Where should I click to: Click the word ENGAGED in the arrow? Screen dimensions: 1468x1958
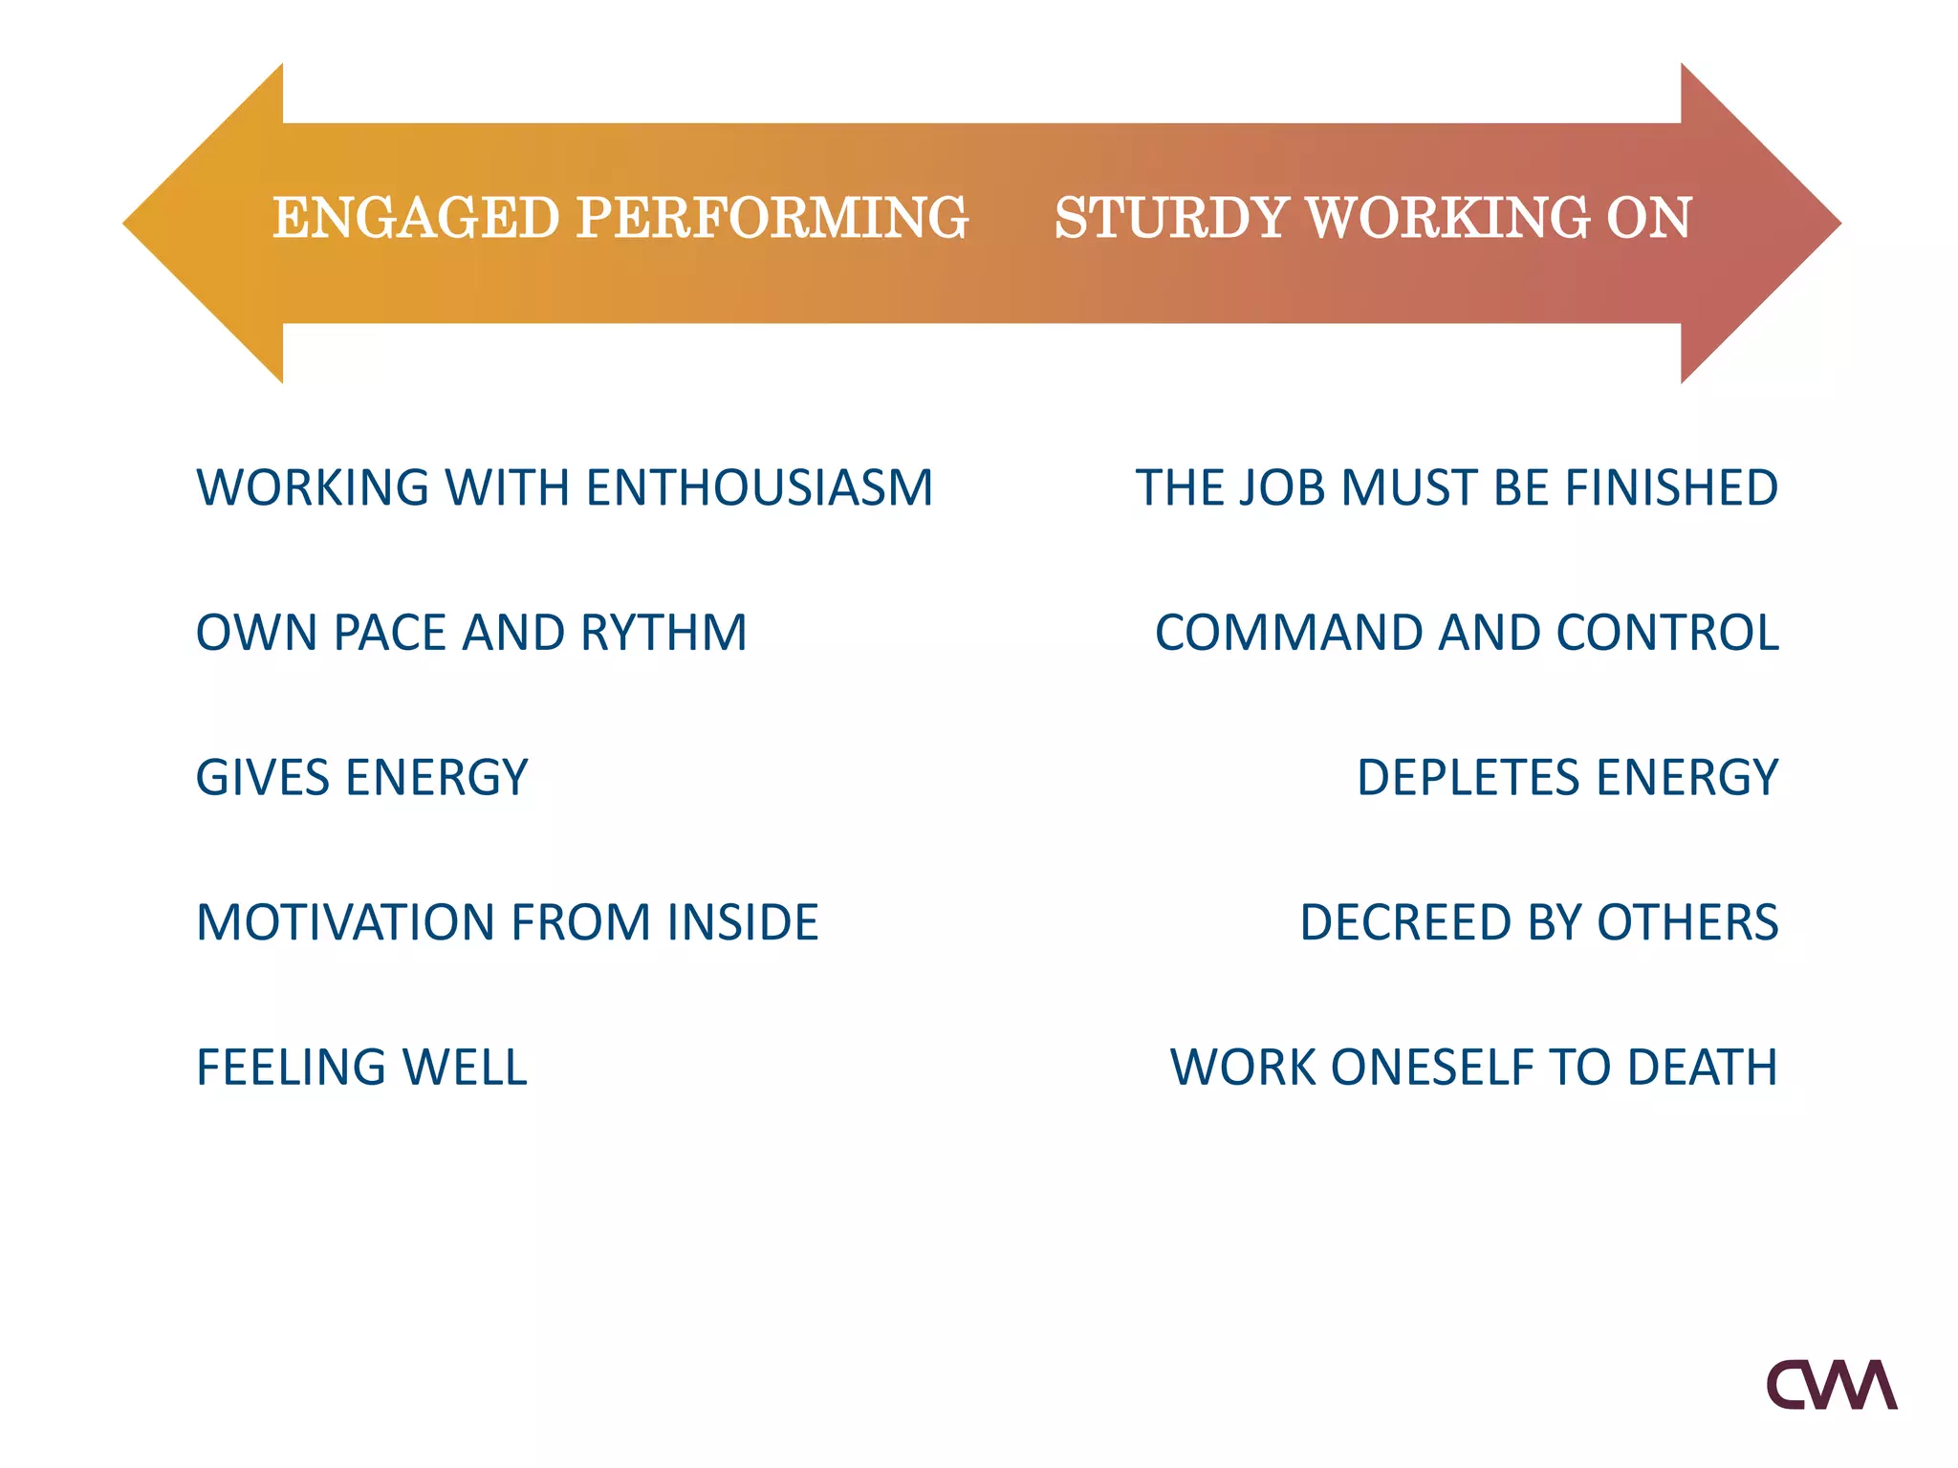(416, 218)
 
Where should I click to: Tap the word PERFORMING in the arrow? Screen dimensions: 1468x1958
(772, 218)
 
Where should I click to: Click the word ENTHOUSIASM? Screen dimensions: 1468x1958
(759, 487)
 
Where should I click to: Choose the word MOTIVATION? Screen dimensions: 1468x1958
(345, 922)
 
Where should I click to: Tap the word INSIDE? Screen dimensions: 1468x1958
(742, 922)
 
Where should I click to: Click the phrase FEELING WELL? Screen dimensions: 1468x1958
(361, 1068)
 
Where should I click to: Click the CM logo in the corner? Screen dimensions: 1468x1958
(1831, 1385)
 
